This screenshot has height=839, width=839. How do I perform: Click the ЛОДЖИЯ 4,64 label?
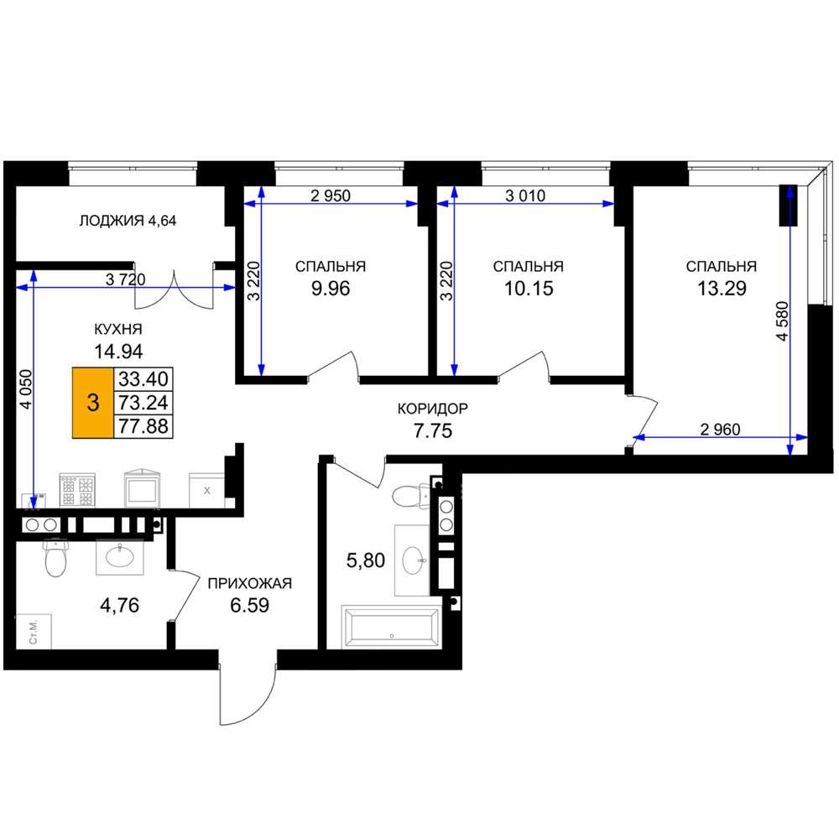128,221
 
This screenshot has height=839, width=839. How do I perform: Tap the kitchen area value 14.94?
118,352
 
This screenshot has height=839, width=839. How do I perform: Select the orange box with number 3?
93,403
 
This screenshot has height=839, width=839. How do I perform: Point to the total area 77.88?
143,426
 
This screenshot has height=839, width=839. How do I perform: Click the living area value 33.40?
143,379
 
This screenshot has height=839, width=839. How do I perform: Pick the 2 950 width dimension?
331,195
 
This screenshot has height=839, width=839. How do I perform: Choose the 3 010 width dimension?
525,195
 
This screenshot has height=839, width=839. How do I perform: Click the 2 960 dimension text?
720,429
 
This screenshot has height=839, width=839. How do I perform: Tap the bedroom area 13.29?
722,289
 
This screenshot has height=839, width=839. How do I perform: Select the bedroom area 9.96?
331,289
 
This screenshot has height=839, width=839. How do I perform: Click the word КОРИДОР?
433,409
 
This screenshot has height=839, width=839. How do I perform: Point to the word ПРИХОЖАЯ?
250,583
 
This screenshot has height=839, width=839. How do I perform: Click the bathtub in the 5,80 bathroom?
392,627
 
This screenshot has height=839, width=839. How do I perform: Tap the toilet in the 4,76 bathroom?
55,558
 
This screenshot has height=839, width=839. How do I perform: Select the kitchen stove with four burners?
77,490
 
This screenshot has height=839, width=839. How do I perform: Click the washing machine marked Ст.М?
34,632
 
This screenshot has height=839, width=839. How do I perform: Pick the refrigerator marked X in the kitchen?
206,490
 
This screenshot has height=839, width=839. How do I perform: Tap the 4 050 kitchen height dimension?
26,389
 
